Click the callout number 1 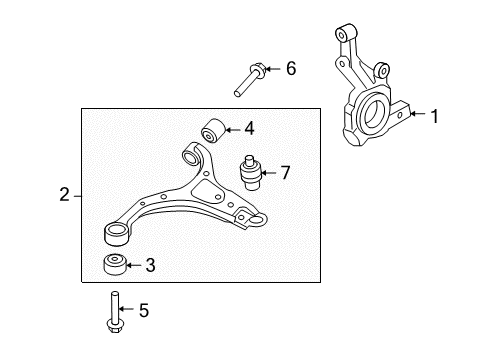[434, 116]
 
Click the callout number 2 [64, 195]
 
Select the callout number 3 [150, 265]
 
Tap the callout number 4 [249, 128]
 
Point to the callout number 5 [142, 311]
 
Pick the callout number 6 [291, 69]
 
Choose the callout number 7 [284, 173]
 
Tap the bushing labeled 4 [213, 130]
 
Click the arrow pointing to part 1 [416, 116]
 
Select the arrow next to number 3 [134, 265]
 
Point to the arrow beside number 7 [269, 173]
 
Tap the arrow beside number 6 [274, 69]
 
